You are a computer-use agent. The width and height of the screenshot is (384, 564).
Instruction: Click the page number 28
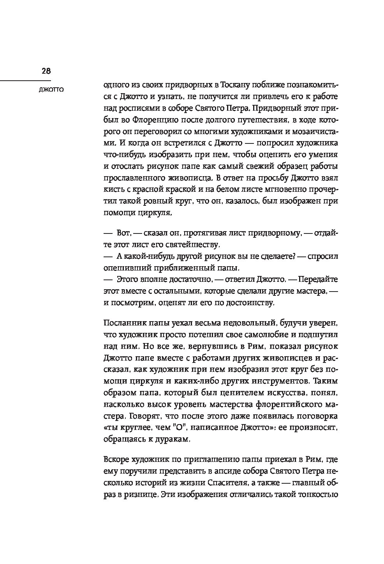click(x=46, y=71)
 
